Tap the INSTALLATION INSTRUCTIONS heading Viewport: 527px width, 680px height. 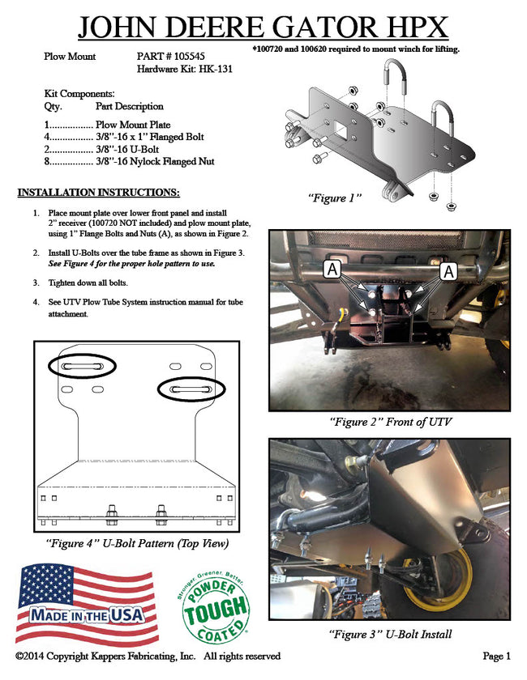point(98,193)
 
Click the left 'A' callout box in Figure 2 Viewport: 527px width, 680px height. point(332,271)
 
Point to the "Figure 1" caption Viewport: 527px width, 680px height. point(334,198)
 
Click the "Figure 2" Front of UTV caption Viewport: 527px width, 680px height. point(390,422)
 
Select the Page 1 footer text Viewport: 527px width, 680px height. point(496,656)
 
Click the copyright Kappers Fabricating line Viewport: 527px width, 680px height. point(148,656)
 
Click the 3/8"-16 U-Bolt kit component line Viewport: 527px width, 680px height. point(109,150)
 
